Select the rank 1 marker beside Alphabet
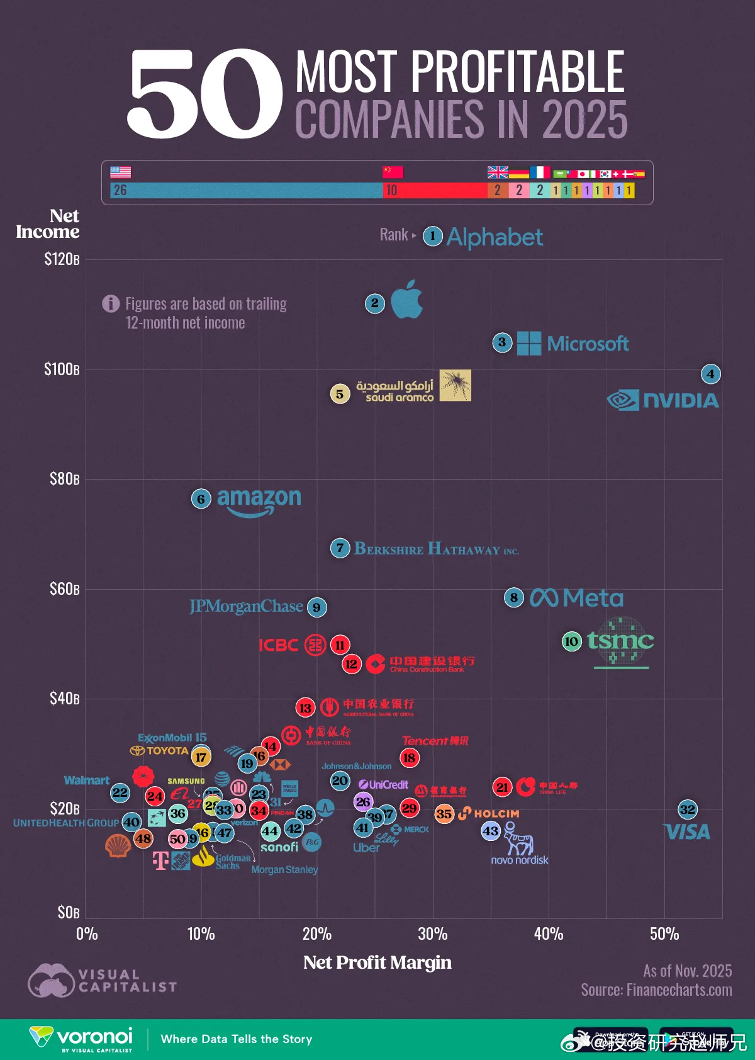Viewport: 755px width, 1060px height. click(433, 237)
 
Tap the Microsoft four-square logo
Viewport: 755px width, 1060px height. click(528, 343)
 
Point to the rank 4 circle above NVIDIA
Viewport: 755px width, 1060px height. click(711, 374)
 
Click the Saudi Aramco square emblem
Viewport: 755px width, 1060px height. click(455, 385)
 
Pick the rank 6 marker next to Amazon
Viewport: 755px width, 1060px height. click(201, 499)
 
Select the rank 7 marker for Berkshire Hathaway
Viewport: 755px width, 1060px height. click(340, 548)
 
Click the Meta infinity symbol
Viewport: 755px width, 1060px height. click(544, 597)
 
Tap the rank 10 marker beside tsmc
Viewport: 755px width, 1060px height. click(572, 641)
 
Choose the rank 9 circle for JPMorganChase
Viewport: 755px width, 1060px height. click(316, 607)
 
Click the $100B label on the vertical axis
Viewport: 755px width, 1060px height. click(62, 369)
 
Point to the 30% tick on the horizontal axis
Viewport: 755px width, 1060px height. click(433, 934)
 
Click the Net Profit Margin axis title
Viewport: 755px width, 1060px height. click(377, 962)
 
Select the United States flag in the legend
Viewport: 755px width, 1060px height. click(121, 172)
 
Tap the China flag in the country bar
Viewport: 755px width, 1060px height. click(393, 172)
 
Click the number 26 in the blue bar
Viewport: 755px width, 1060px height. click(120, 190)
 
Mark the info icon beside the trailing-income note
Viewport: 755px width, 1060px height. click(111, 304)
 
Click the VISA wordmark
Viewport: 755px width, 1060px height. click(688, 832)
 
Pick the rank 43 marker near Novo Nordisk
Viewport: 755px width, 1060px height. click(491, 832)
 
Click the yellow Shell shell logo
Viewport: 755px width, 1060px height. click(118, 845)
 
